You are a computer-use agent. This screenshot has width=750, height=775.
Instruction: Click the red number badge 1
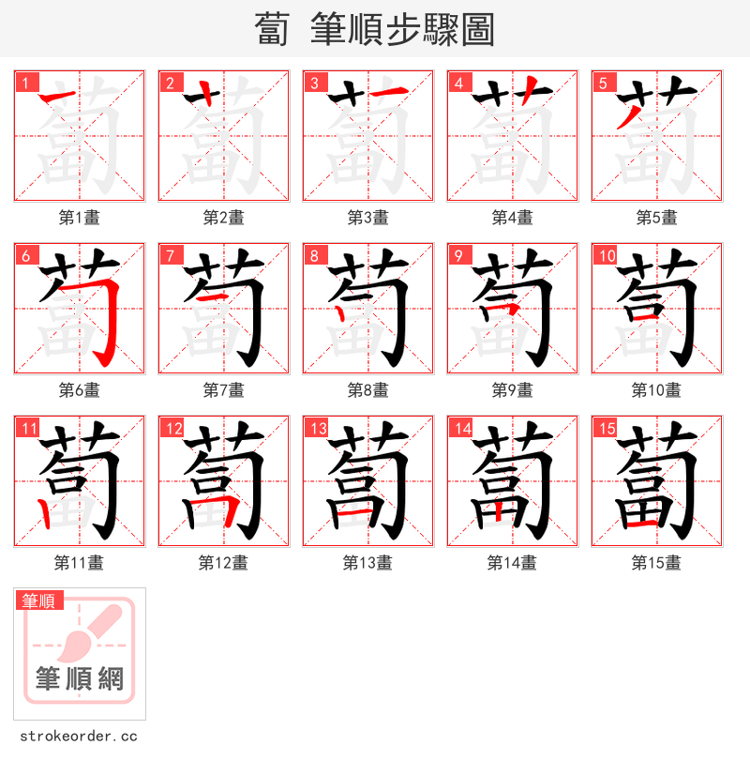pos(25,83)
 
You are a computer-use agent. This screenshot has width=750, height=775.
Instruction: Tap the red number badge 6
pos(25,255)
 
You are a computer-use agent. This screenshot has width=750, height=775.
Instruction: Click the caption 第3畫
pos(367,218)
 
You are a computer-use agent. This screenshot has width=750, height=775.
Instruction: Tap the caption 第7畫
pos(223,390)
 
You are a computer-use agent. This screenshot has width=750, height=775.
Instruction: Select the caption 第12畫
pos(223,563)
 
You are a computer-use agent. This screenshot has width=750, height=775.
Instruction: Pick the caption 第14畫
pos(512,563)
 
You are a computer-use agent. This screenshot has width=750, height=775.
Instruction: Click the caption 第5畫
pos(656,218)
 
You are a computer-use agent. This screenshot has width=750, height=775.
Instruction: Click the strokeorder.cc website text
pos(78,737)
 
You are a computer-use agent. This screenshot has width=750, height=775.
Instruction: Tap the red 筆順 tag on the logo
pos(39,600)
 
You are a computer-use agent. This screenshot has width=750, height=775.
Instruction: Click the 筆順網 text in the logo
pos(79,678)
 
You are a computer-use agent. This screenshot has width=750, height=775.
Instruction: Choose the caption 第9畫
pos(512,390)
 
